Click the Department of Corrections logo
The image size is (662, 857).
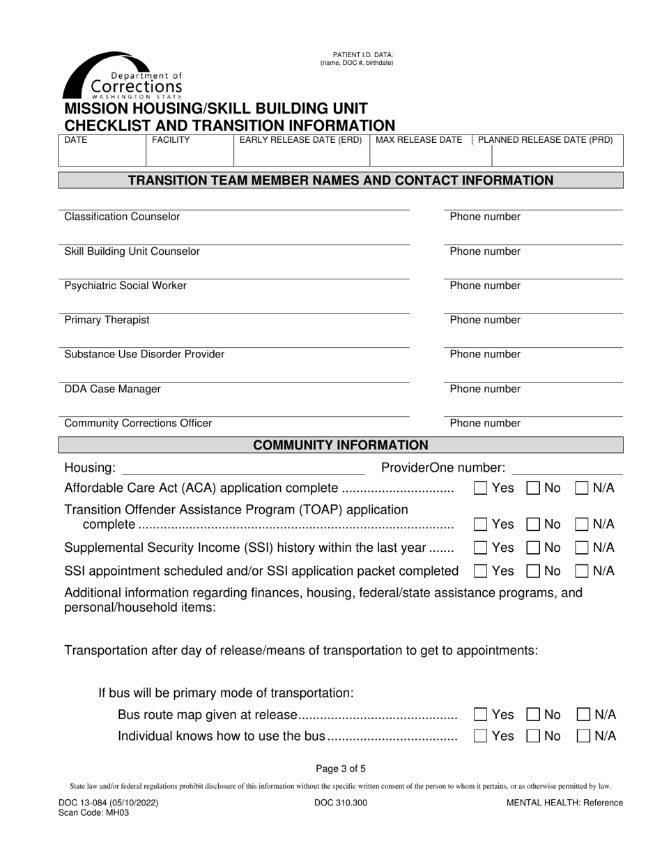pos(123,76)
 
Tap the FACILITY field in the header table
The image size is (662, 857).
pos(189,150)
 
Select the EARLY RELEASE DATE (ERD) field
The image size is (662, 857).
pos(301,150)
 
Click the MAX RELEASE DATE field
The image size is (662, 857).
pos(420,150)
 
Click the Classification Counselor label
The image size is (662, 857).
pos(122,217)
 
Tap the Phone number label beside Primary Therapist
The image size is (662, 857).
pos(485,320)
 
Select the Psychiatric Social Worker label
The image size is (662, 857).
pos(125,286)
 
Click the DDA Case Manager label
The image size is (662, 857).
pos(112,389)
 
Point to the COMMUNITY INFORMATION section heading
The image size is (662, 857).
pos(341,445)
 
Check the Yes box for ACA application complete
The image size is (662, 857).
pos(480,488)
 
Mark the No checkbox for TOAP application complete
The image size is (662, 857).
pos(533,525)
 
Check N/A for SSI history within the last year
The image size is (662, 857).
pos(582,548)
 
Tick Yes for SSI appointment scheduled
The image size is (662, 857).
pos(480,571)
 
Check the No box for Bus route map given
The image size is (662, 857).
pos(533,714)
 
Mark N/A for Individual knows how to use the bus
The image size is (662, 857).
pos(584,736)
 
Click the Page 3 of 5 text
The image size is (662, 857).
pos(341,769)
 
